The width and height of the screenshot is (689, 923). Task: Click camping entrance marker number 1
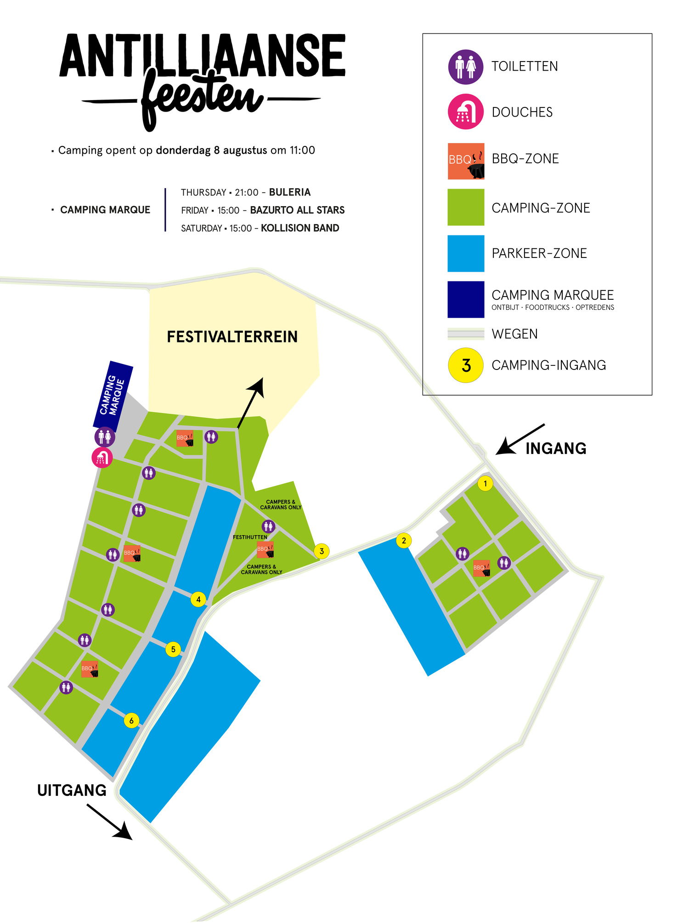click(485, 483)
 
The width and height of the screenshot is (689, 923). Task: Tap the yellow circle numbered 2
click(404, 541)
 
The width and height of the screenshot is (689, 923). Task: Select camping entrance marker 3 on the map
click(322, 551)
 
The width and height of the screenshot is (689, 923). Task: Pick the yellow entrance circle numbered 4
click(198, 599)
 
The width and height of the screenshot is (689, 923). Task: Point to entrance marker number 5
click(173, 649)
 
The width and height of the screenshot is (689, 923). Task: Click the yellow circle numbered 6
click(131, 721)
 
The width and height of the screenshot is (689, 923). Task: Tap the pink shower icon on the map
click(102, 458)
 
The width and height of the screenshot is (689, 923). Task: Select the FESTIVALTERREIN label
click(232, 337)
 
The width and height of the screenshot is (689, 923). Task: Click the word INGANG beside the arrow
click(556, 448)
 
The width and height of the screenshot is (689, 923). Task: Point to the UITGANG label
click(72, 790)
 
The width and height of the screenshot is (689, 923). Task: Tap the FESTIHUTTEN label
click(250, 537)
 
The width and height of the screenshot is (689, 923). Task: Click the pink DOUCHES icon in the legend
click(466, 112)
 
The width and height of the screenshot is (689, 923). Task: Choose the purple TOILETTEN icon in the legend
click(466, 67)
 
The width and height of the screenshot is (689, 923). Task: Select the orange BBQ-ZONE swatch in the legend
click(466, 161)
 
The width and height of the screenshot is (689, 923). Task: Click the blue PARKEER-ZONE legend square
click(466, 253)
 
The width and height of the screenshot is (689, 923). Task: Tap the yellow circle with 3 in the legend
click(466, 365)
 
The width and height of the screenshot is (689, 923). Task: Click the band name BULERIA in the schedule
click(290, 192)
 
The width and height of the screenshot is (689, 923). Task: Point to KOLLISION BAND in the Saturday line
click(300, 228)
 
